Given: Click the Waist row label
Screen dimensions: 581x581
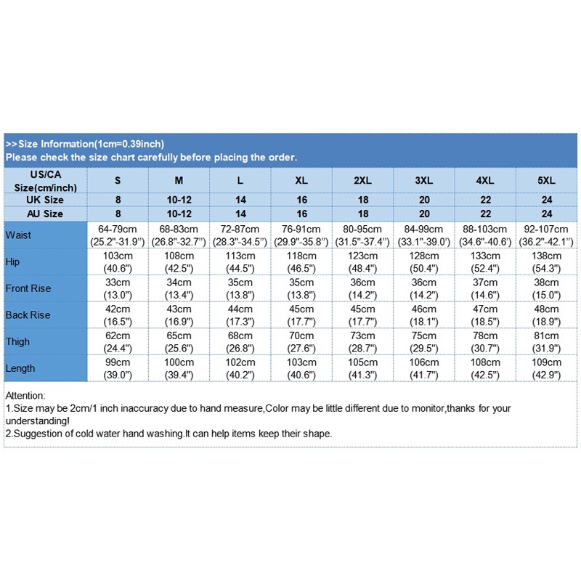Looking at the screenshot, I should coord(18,235).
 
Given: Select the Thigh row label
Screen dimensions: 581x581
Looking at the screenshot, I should coord(17,341).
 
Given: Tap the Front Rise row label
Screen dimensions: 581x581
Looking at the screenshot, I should coord(28,288).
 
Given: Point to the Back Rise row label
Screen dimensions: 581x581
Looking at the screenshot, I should coord(28,315).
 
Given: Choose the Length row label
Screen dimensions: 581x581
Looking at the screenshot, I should coord(20,368).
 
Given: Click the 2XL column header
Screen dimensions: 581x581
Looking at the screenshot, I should coord(363,180).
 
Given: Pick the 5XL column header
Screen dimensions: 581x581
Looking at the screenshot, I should coord(547,180).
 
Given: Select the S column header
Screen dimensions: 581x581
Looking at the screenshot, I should coord(118,180).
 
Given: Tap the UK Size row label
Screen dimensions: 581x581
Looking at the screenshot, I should coord(46,200).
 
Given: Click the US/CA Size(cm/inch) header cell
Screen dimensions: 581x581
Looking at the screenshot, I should coord(46,181).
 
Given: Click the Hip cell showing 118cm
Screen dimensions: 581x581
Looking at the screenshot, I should coord(301,261).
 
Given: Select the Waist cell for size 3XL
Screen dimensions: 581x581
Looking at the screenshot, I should coord(424,235).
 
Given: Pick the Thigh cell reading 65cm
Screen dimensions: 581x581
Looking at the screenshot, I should coord(179,341).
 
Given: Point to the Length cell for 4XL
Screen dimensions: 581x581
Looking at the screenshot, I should coord(485,368).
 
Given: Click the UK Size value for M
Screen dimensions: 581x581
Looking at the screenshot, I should coord(179,200).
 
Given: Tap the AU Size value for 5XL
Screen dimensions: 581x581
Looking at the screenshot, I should coord(547,214).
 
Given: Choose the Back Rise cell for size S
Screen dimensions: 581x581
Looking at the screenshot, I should coord(118,315).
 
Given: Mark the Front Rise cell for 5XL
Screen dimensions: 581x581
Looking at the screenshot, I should coord(547,288).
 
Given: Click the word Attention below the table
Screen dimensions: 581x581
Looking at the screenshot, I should coord(25,396).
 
